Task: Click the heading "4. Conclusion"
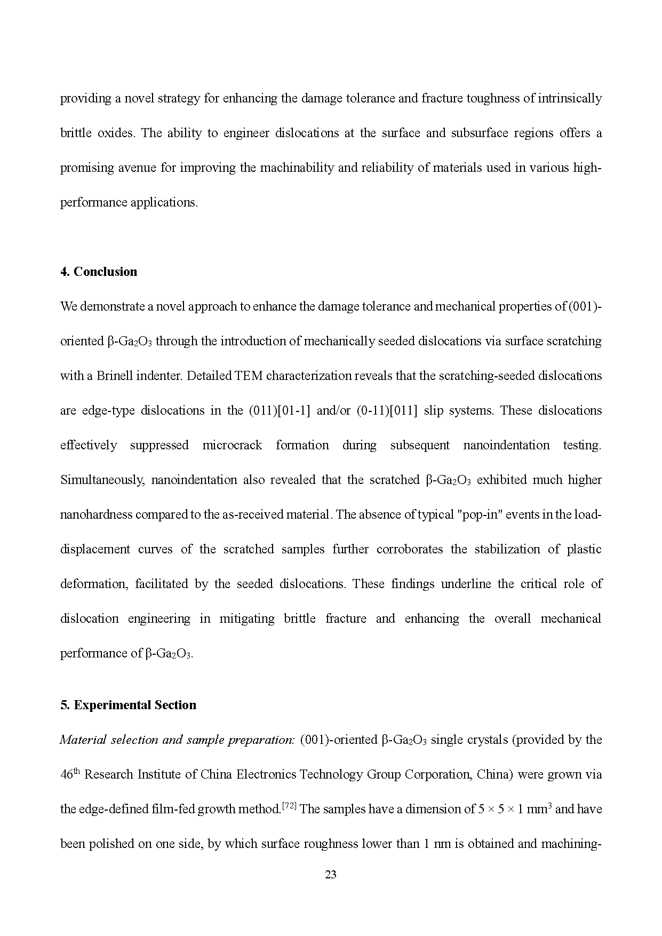99,272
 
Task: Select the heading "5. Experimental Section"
128,705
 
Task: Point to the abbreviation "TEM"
249,376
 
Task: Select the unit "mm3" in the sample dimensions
540,809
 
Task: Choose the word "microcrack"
232,445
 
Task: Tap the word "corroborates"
410,549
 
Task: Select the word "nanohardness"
96,514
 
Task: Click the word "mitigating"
247,618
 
